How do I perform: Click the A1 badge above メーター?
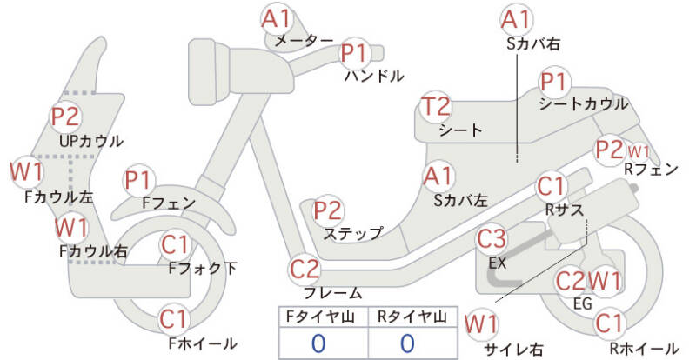point(276,19)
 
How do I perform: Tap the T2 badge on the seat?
point(437,107)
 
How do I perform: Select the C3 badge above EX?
point(492,239)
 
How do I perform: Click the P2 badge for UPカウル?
point(66,117)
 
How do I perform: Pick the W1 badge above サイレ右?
point(481,324)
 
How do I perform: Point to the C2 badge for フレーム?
point(304,270)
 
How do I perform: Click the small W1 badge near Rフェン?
point(639,152)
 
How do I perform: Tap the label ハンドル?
point(374,77)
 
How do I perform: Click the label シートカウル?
point(583,103)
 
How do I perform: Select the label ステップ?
point(352,233)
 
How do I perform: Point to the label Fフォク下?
point(203,268)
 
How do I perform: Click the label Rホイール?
point(644,348)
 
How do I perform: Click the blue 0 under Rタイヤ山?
point(407,343)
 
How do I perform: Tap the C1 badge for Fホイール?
point(175,319)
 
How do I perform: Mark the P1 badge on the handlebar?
point(355,53)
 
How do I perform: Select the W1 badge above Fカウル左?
point(26,171)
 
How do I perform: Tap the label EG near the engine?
point(583,303)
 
